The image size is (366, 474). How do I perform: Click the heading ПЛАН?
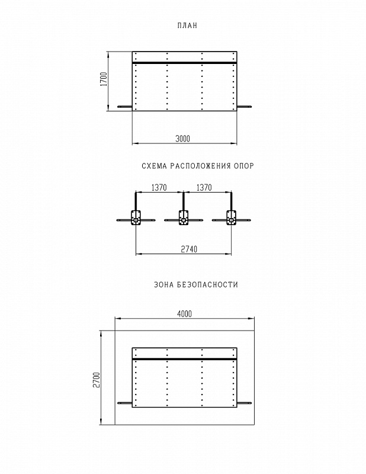(x=187, y=25)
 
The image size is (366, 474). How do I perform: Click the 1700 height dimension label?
(x=104, y=79)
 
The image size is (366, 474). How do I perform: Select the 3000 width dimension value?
(x=183, y=139)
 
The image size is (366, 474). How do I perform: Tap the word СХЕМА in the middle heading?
(x=154, y=166)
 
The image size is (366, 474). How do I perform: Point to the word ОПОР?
(x=243, y=166)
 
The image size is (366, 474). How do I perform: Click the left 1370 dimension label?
(x=159, y=188)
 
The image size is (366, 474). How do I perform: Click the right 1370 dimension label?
(x=204, y=188)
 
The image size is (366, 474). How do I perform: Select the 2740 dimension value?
(x=189, y=249)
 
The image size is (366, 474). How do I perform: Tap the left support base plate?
(x=136, y=217)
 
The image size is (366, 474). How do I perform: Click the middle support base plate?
(x=184, y=217)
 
